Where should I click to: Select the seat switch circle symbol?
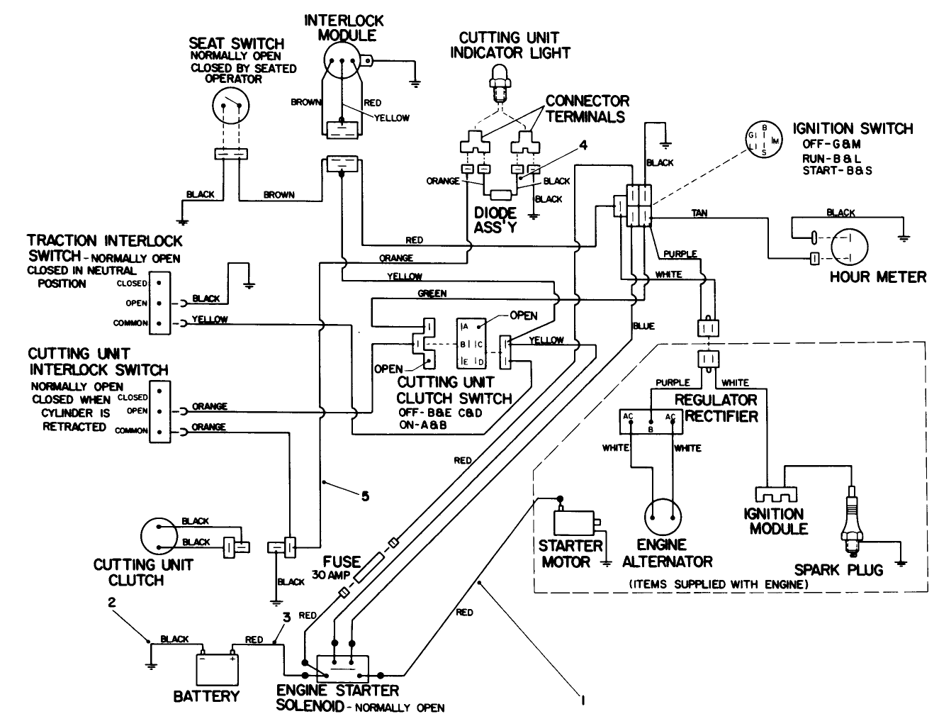point(231,109)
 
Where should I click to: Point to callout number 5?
point(365,496)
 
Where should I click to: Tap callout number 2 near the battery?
point(111,603)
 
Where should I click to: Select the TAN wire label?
point(699,213)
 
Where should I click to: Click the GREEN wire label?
point(432,293)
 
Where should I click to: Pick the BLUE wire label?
point(643,326)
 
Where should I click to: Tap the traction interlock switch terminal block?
point(160,303)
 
